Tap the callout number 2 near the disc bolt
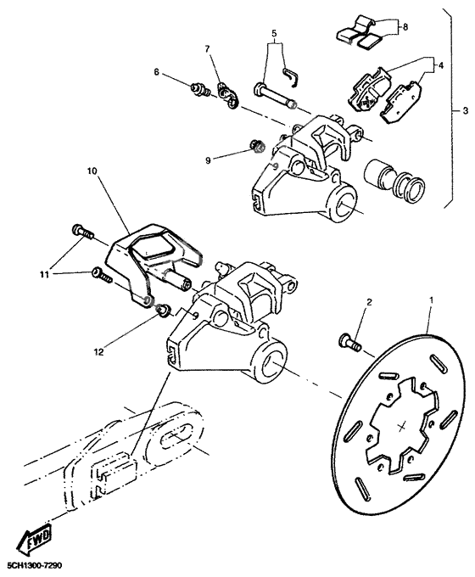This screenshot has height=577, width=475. tap(369, 302)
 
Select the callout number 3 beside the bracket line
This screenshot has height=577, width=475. tap(465, 111)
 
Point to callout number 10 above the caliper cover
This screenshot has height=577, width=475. tap(92, 171)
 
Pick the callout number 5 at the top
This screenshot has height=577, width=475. tap(275, 35)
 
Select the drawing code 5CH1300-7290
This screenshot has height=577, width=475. tap(33, 565)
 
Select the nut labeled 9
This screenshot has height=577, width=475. tap(258, 148)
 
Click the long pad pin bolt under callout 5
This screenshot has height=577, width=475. tap(273, 94)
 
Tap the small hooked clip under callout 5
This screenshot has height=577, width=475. tap(293, 76)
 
